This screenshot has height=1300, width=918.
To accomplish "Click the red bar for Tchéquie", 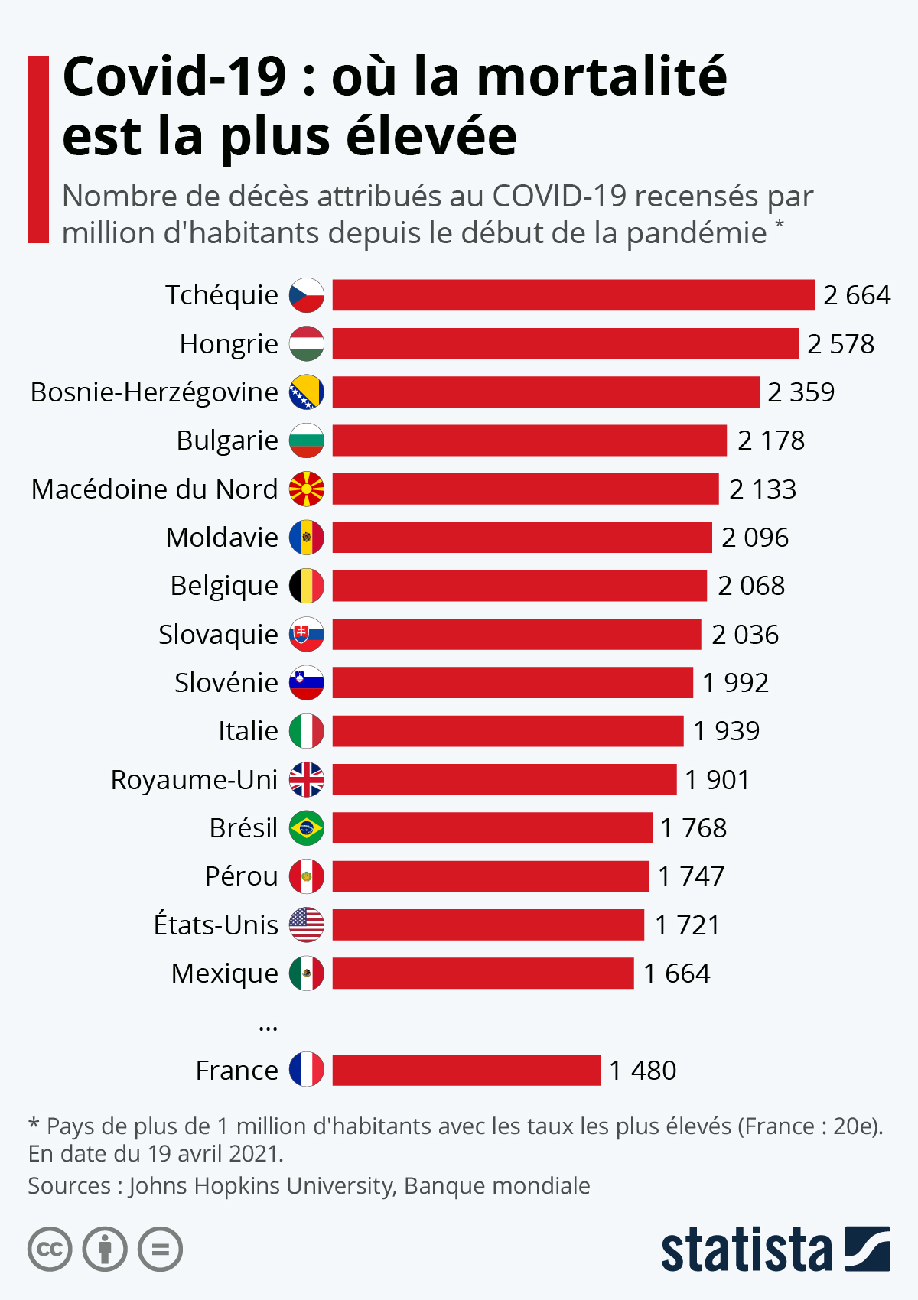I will [573, 295].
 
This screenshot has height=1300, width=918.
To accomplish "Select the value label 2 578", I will [841, 344].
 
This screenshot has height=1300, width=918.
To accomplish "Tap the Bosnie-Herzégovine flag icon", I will [307, 392].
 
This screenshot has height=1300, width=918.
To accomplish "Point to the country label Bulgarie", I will [227, 440].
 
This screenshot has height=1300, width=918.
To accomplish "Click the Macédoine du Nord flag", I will [307, 489].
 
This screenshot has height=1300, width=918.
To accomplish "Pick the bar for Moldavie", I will [522, 538].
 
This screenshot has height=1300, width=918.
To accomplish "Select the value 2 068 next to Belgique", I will [751, 586].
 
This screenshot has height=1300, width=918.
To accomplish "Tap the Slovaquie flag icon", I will [307, 635].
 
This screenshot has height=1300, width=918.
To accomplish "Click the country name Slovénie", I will [226, 683].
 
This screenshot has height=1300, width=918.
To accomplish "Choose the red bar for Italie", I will [507, 731].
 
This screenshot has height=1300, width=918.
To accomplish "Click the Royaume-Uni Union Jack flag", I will [307, 780].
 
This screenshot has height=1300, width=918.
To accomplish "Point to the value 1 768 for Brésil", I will [693, 828].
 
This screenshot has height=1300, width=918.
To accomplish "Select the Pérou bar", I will [490, 876].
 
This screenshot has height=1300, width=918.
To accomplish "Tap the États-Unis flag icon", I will [307, 925].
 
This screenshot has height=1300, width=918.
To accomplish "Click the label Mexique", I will [224, 973].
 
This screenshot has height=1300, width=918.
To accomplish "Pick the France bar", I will [466, 1071].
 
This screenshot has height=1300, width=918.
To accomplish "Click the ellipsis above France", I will [268, 1027].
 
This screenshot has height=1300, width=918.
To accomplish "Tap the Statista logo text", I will [746, 1250].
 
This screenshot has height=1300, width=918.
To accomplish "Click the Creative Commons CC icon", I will [50, 1250].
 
